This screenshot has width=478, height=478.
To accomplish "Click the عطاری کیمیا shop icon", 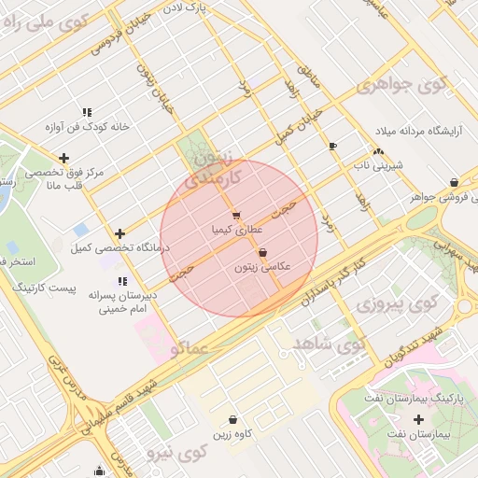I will [x=235, y=215].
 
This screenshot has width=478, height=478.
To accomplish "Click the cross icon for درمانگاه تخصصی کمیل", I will [x=119, y=233].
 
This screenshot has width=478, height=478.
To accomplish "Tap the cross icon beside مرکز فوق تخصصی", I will [x=63, y=159].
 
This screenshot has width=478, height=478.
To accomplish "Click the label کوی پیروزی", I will [x=397, y=304].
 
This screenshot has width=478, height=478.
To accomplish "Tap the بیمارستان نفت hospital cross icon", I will [x=418, y=419].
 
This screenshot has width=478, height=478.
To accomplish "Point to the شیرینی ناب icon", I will [x=378, y=152].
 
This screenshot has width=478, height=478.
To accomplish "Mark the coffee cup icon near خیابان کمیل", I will [x=332, y=147].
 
